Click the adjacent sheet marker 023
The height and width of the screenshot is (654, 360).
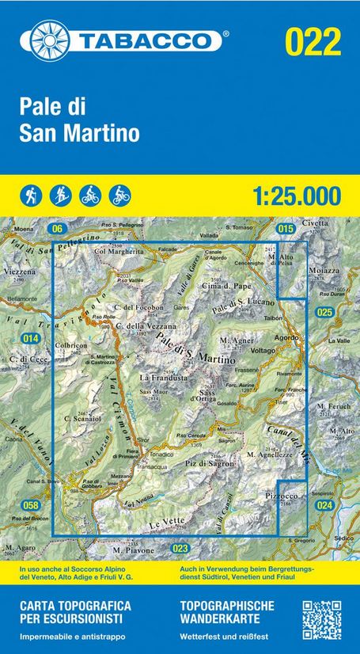181,548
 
